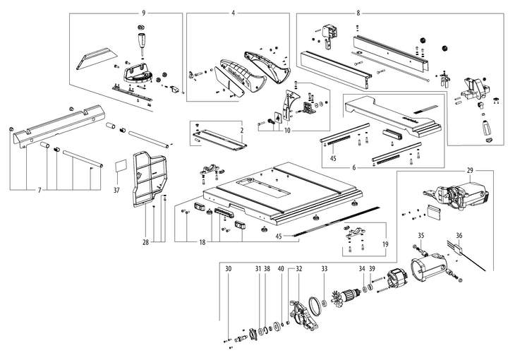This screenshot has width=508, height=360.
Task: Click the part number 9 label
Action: click(x=143, y=13)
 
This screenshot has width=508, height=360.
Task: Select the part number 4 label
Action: click(x=232, y=13)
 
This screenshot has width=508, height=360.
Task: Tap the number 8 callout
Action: click(x=358, y=13)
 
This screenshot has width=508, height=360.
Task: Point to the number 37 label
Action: click(x=117, y=190)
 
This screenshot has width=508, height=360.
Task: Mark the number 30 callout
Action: click(x=228, y=269)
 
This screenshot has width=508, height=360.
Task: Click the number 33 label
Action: click(x=324, y=269)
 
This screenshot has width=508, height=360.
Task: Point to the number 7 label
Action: click(x=40, y=191)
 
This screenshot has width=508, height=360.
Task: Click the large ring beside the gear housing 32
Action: click(x=319, y=306)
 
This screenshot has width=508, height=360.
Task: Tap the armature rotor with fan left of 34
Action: click(x=344, y=300)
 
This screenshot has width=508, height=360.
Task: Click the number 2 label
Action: click(x=241, y=131)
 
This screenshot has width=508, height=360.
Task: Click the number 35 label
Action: click(x=421, y=235)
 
